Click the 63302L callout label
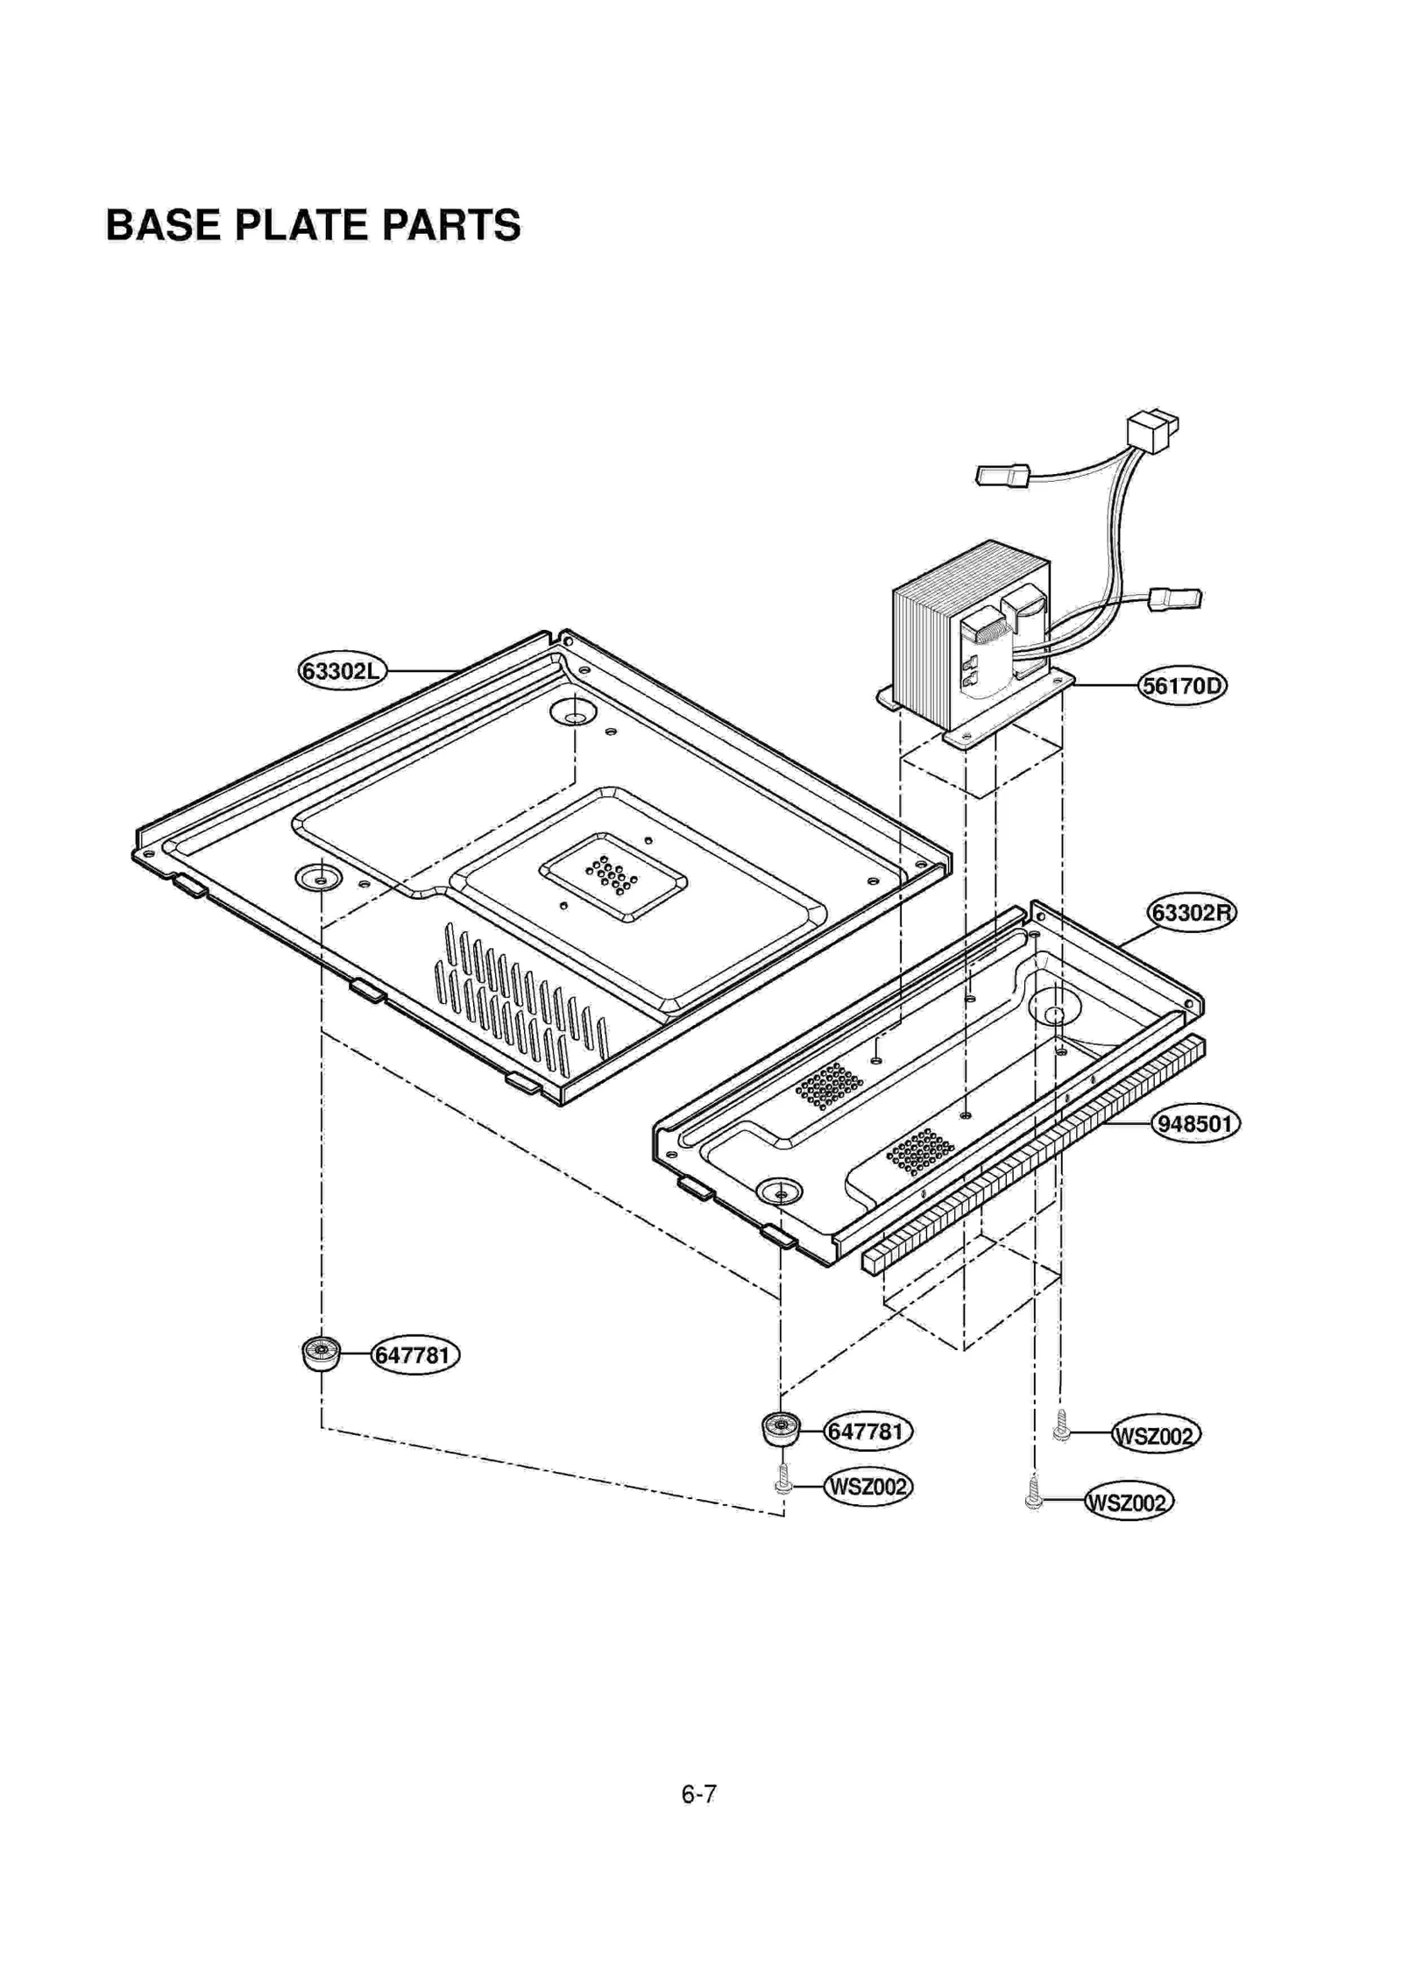[x=341, y=672]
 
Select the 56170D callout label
[x=1182, y=685]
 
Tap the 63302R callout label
[x=1191, y=914]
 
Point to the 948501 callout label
[x=1194, y=1124]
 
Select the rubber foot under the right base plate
[x=780, y=1430]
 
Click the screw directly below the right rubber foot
[x=783, y=1480]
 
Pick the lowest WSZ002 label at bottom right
[x=1129, y=1503]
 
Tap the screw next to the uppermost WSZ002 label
[x=1061, y=1426]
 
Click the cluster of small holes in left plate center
[x=612, y=875]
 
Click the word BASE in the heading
[x=162, y=225]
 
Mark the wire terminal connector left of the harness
[x=1002, y=476]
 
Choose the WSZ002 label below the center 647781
[x=867, y=1487]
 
